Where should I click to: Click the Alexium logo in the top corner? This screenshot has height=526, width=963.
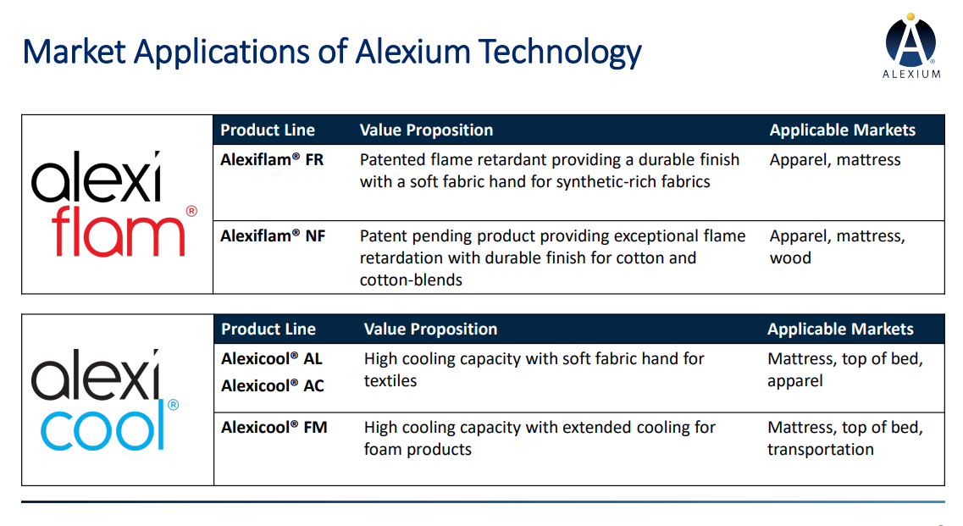[911, 47]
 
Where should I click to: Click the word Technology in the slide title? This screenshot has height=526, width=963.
[560, 53]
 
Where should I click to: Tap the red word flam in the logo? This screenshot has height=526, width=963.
[118, 231]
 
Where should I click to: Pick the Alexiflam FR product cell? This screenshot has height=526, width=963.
[272, 160]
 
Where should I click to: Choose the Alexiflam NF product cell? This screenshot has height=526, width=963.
[273, 236]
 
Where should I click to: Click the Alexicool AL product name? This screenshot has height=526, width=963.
[272, 359]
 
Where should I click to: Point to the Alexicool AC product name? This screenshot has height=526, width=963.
[273, 386]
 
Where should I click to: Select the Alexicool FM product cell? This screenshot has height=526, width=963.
[274, 428]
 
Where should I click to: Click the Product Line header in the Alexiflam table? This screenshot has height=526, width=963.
[268, 130]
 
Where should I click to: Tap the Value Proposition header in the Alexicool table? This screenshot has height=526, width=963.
[430, 329]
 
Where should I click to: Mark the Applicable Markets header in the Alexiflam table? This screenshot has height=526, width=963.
[843, 130]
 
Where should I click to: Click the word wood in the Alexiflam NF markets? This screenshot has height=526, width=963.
[790, 258]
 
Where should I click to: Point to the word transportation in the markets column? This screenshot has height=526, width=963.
[821, 450]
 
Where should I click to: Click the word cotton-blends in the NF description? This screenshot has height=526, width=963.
[411, 280]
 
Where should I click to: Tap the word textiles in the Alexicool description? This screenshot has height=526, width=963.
[390, 381]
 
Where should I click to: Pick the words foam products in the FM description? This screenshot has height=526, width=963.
[418, 450]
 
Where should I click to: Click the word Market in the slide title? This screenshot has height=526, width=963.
[75, 51]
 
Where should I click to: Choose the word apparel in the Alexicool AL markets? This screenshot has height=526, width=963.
[794, 382]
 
